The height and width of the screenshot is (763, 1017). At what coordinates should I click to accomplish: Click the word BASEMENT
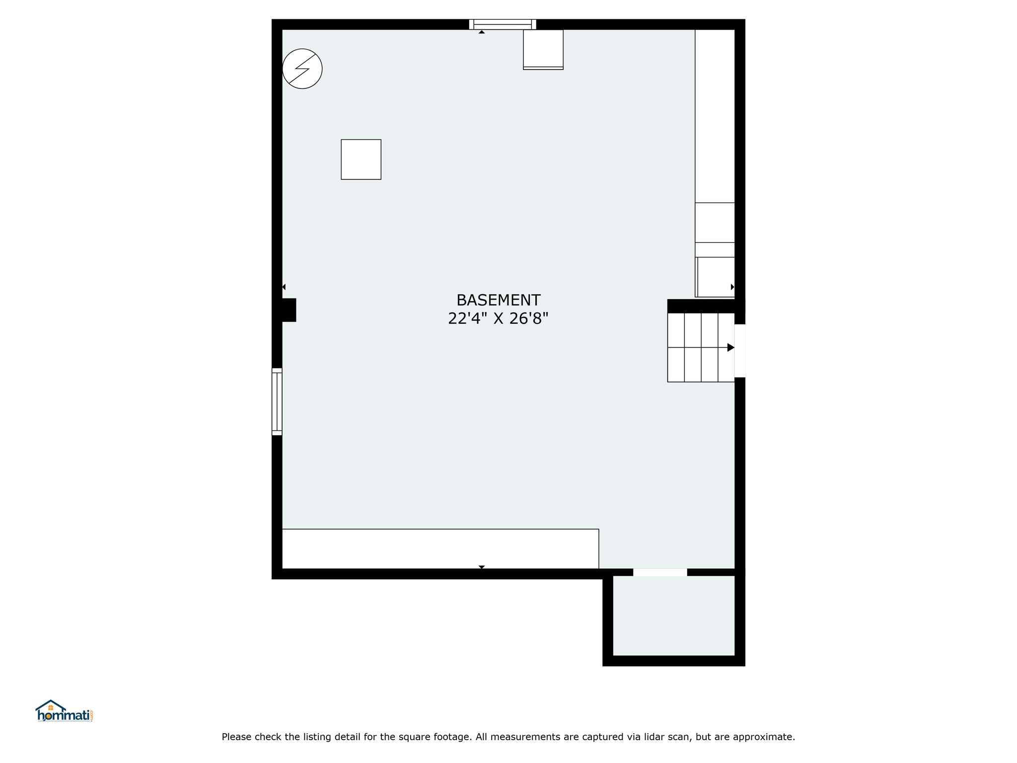[498, 300]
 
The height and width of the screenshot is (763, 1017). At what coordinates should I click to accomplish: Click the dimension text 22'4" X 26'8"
[498, 318]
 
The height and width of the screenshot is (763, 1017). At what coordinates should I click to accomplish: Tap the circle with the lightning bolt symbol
[302, 69]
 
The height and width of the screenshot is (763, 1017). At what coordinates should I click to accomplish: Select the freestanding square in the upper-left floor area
[361, 159]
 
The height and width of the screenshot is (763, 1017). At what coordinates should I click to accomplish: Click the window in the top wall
[503, 24]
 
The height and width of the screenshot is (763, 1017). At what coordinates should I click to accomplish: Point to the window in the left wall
[277, 401]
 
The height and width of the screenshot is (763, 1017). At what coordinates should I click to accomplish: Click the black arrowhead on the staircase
[731, 348]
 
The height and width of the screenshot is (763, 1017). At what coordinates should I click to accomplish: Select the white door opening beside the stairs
[740, 351]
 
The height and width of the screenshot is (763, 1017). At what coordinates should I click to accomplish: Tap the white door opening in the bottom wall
[660, 572]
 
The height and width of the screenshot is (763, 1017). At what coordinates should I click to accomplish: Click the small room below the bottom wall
[674, 615]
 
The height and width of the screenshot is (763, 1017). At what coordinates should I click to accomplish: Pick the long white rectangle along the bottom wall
[440, 549]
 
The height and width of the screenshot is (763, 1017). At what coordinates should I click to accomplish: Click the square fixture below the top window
[543, 50]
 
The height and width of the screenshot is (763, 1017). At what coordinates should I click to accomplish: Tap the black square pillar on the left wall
[289, 310]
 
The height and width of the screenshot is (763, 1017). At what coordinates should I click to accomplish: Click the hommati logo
[64, 711]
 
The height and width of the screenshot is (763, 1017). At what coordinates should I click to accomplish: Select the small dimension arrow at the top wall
[482, 32]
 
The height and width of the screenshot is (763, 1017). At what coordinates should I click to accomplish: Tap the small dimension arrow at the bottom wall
[482, 567]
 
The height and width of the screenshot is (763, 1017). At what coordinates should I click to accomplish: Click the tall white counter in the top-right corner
[715, 116]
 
